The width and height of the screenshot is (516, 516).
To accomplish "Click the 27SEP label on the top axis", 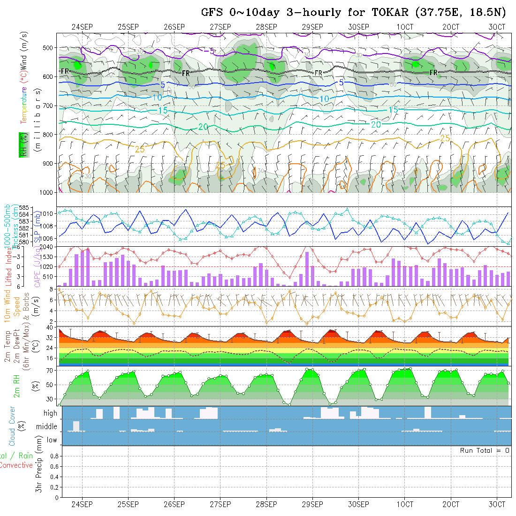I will pos(220,27).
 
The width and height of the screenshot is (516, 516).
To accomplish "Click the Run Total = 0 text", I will pos(485,450).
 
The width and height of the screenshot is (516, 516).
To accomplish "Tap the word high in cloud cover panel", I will pos(50,413).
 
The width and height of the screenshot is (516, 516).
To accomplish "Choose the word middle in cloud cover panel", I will pos(47,427).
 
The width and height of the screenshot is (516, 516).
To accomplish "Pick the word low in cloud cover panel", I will pos(52,440).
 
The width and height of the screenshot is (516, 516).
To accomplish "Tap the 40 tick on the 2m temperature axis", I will pos(49,328).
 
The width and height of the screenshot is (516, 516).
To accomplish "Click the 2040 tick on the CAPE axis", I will pos(46,247).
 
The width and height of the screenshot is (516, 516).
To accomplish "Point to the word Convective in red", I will pos(16,465).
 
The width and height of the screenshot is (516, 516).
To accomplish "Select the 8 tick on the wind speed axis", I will pos(51,289).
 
